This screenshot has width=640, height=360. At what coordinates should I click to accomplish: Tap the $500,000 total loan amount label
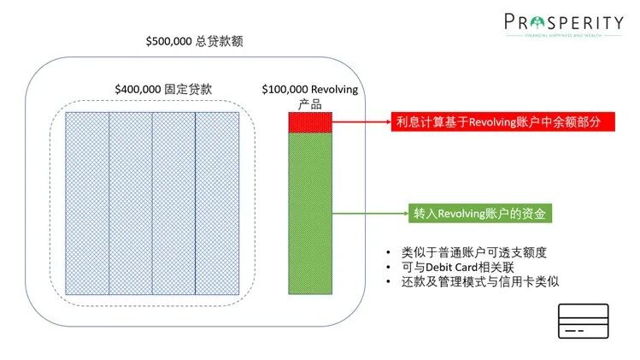click(196, 40)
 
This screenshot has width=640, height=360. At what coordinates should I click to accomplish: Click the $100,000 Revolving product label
click(309, 96)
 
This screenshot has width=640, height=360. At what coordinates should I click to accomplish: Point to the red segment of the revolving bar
click(309, 122)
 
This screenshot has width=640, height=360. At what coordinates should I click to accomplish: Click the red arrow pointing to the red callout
click(360, 121)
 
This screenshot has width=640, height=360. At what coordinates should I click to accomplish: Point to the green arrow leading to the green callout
click(367, 213)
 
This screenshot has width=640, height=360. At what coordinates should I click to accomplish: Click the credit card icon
click(583, 322)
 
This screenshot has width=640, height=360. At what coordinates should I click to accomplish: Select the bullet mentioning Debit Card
click(457, 268)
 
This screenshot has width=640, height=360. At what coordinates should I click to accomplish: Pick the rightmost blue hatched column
click(217, 205)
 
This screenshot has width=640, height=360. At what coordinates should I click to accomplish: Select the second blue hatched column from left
click(130, 205)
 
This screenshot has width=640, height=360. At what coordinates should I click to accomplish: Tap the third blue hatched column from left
click(173, 205)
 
